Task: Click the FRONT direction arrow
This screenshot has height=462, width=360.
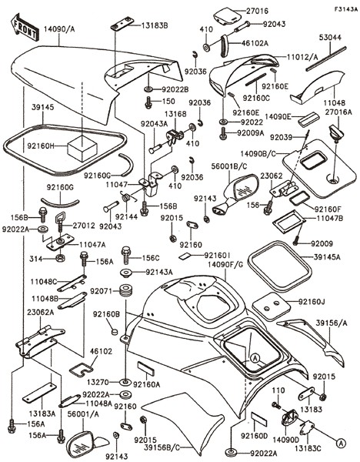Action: point(25,27)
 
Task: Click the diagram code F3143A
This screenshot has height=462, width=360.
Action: point(345,9)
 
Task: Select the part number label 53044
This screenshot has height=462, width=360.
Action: point(330,38)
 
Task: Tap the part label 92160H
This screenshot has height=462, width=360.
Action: point(41,146)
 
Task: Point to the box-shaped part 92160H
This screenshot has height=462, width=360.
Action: point(82,148)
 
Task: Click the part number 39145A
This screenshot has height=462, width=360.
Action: point(327,257)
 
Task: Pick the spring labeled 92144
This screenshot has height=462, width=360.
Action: point(127,197)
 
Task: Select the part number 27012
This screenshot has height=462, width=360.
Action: point(84,226)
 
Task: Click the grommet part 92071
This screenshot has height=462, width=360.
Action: point(125,291)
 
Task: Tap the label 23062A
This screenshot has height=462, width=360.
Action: point(41,313)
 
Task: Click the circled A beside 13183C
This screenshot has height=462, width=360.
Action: point(340,444)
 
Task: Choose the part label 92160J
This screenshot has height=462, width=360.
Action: point(312,302)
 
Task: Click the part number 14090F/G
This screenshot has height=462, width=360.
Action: point(225,265)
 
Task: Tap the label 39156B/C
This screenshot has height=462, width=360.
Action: point(162,447)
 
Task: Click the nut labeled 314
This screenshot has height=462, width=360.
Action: point(61,259)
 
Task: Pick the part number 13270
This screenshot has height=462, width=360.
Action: point(98,382)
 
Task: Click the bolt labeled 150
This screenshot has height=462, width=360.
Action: point(148,102)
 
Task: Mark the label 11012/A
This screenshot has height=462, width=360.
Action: point(302,57)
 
